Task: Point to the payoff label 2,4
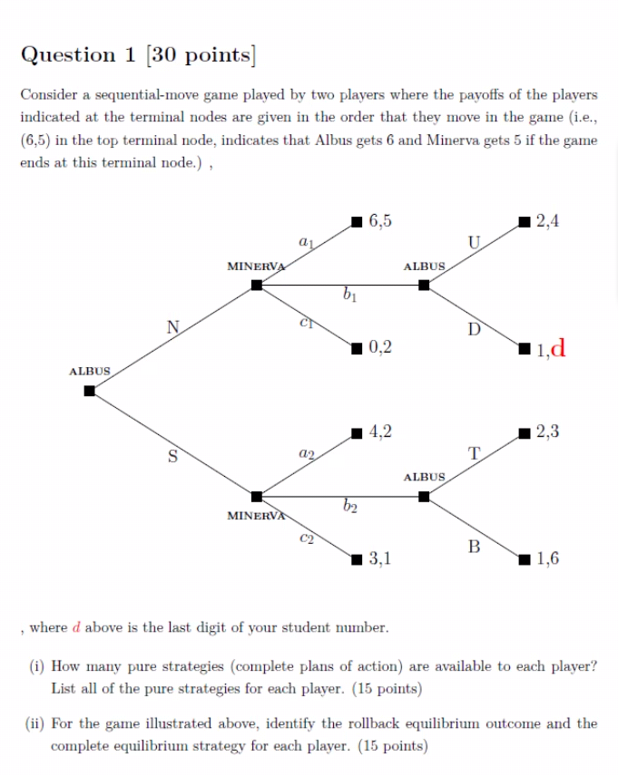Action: [x=548, y=220]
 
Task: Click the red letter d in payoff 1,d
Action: [x=559, y=347]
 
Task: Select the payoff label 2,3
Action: [x=548, y=432]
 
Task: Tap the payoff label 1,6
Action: [x=548, y=558]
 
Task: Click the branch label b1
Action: [x=349, y=295]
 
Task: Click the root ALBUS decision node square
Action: [x=89, y=391]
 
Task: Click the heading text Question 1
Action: [x=81, y=56]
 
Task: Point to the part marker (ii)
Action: [x=34, y=723]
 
